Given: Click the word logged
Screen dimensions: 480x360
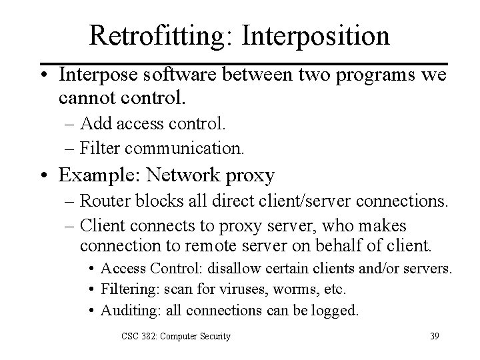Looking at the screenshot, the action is coord(337,311).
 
